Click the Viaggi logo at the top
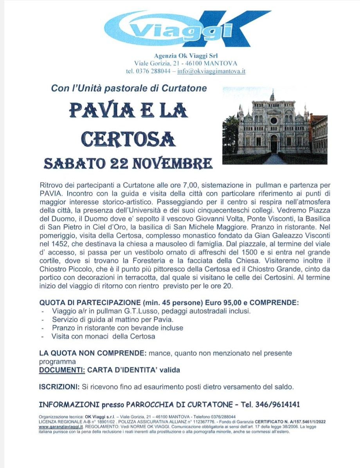[187, 29]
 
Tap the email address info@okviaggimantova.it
[211, 71]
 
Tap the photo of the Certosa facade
[275, 126]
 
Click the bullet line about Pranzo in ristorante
[117, 328]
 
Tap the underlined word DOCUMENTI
[62, 369]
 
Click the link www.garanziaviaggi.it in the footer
[58, 427]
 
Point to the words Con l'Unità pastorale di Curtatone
[129, 88]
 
